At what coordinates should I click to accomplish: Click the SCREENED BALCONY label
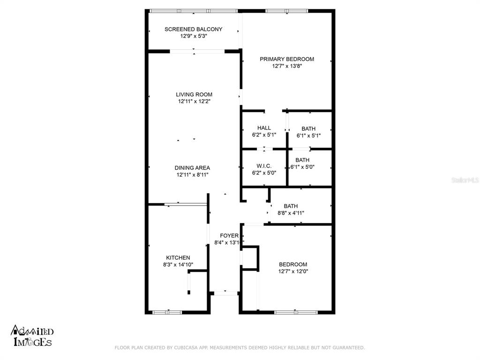pos(193,29)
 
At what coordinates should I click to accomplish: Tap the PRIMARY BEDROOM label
pos(287,59)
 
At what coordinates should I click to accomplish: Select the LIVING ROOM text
pos(194,94)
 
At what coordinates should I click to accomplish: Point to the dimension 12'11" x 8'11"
pos(192,175)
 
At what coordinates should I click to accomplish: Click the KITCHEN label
pos(178,257)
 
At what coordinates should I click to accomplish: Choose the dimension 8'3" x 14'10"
pos(178,264)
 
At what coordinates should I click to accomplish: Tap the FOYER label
pos(229,235)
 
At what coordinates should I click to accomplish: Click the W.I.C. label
pos(264,165)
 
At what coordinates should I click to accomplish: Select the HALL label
pos(264,128)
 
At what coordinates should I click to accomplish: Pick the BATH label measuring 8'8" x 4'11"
pos(291,206)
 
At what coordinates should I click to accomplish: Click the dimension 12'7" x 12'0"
pos(293,271)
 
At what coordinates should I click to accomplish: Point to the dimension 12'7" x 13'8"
pos(287,66)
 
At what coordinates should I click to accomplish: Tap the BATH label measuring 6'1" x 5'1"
pos(308,128)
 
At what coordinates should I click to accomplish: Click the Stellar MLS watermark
pos(465,180)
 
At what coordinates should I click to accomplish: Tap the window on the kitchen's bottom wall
pos(167,312)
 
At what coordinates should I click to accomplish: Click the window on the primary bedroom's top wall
pos(286,10)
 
